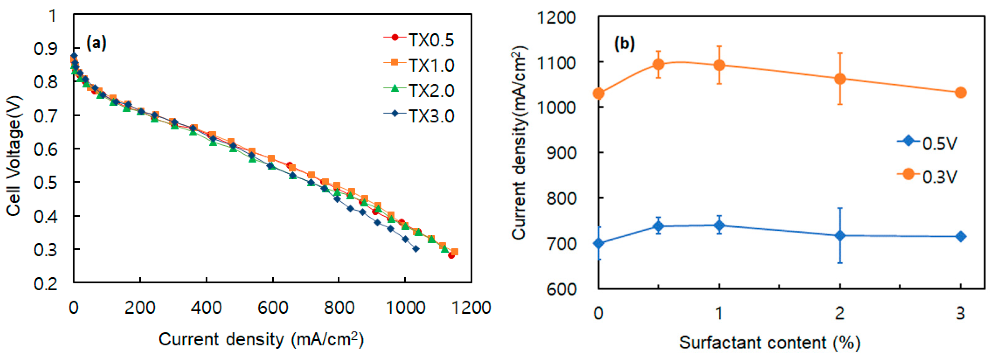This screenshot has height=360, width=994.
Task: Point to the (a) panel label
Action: (96, 43)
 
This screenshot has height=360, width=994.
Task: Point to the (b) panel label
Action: (624, 44)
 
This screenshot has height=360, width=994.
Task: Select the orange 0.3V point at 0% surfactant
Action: (598, 93)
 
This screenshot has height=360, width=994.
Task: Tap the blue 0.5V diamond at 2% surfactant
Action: (840, 235)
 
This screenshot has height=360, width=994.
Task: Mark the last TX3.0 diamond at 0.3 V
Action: (415, 249)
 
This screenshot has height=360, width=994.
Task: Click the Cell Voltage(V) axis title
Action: (14, 155)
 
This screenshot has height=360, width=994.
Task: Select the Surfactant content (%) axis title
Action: (770, 342)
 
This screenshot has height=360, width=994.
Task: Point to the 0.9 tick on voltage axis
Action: (46, 49)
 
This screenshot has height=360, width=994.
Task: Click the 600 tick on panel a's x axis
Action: (273, 308)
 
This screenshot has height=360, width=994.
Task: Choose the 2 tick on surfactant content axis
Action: (840, 313)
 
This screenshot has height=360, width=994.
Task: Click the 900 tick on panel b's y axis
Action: (561, 153)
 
